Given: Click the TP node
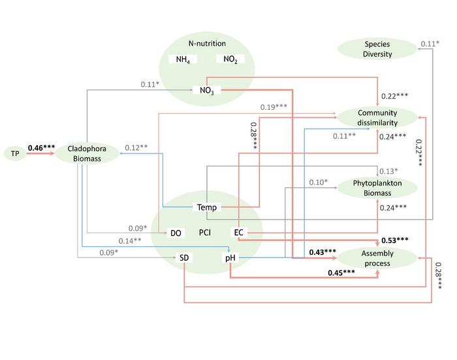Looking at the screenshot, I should pos(15,154).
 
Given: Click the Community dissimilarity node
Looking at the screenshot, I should pos(377,117).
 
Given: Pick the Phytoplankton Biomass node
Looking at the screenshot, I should pos(377,188).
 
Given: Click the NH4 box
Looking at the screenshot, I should pos(183,59).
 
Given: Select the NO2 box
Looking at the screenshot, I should pos(230,59).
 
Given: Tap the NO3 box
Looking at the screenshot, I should pos(207,90).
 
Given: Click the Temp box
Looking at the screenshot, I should pos(207,208).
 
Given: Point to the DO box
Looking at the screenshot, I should pos(176,233).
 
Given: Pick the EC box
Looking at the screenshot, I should pos(238,233).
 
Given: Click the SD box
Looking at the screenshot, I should pos(185,258).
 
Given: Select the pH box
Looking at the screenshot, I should pos(230,258).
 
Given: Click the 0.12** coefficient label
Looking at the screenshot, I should pos(137,147).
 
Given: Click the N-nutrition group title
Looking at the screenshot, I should pos(207,44).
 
